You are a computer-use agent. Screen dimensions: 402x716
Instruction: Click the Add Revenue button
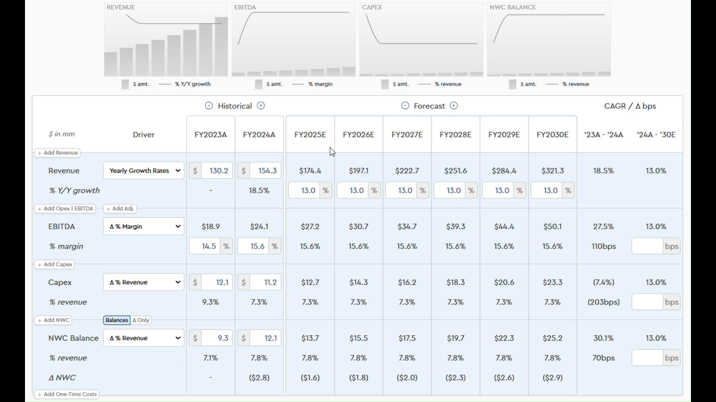click(x=58, y=153)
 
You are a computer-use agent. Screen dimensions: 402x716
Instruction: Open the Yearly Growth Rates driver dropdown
click(x=144, y=171)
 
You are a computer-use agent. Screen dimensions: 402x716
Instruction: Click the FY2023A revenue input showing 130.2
click(x=217, y=171)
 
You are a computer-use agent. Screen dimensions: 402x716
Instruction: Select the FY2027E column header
click(x=407, y=135)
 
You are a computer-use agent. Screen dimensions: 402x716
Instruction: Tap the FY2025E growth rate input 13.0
click(x=304, y=191)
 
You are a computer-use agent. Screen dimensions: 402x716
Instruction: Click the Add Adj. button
click(x=120, y=209)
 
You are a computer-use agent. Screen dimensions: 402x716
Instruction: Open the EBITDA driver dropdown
click(x=144, y=227)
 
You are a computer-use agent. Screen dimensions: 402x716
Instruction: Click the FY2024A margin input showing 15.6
click(x=254, y=246)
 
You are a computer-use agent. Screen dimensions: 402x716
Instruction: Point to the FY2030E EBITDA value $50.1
click(x=553, y=227)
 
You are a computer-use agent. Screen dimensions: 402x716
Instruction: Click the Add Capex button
click(x=55, y=265)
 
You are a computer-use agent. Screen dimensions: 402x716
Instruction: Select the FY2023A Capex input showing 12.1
click(x=217, y=283)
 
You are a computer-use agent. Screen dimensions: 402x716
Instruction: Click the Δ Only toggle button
click(x=141, y=320)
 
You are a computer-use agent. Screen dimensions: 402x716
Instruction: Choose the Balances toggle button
click(x=117, y=320)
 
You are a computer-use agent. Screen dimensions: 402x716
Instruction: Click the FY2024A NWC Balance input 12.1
click(x=266, y=338)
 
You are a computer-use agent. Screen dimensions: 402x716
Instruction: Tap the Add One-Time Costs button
click(x=67, y=395)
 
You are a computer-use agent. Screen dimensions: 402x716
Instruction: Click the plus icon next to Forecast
click(x=454, y=106)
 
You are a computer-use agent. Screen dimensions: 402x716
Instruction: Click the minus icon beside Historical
click(x=209, y=106)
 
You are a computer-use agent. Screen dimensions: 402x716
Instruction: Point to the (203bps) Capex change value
click(x=604, y=302)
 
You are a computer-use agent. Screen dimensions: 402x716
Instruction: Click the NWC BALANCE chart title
click(x=513, y=7)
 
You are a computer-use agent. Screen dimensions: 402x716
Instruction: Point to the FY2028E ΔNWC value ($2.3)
click(x=456, y=378)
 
